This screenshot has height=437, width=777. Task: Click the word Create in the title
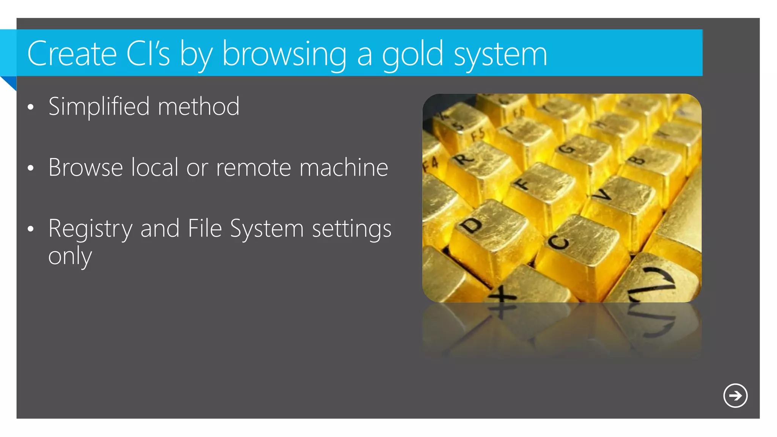[72, 54]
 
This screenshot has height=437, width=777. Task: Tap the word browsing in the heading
[284, 55]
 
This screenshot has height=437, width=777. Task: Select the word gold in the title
[412, 55]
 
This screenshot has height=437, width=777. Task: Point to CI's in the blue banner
[148, 54]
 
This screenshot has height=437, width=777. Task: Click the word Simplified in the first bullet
[99, 107]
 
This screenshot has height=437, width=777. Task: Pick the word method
[198, 107]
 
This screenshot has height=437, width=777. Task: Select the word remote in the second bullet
[253, 167]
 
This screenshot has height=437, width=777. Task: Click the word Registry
[90, 229]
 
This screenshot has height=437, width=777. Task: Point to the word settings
[351, 229]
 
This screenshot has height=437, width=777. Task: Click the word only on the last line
[70, 257]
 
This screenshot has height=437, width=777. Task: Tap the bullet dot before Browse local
[31, 168]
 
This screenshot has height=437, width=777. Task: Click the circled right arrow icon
[735, 396]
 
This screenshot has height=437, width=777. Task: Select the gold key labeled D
[489, 235]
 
